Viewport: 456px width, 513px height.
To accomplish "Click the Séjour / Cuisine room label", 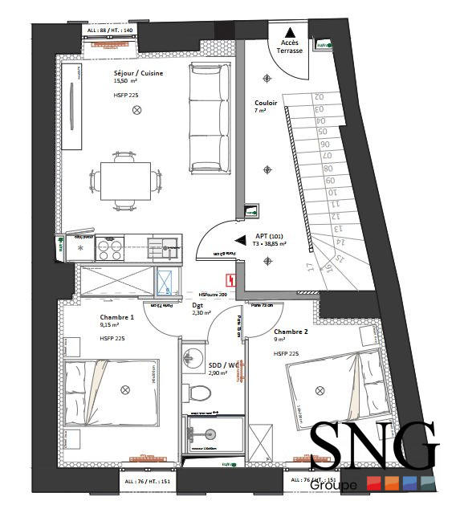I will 138,73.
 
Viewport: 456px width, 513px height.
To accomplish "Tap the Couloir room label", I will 266,103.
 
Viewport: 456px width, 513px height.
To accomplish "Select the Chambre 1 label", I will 116,317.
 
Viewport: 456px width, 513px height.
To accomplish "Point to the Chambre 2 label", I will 291,332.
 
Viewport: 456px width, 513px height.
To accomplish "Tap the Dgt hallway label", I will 197,305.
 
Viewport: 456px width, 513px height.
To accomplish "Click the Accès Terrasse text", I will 290,46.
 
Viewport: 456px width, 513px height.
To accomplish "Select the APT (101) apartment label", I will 269,235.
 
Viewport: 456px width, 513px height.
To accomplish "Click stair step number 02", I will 318,96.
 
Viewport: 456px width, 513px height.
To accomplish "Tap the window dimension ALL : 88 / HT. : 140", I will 110,31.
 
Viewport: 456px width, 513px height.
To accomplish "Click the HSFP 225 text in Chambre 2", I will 287,353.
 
